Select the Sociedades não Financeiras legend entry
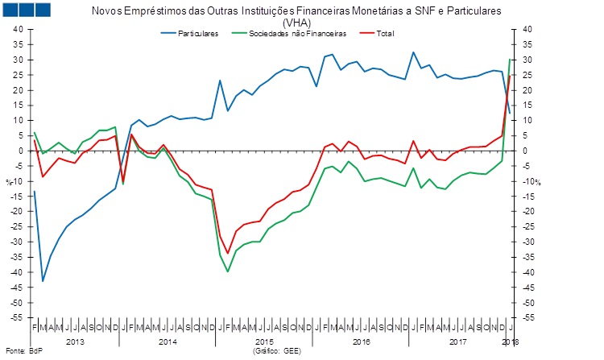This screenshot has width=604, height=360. point(297,33)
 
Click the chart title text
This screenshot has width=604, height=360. point(296,12)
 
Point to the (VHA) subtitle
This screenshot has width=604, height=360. point(296,23)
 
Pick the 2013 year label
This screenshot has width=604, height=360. point(76,342)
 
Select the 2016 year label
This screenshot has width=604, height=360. point(362,342)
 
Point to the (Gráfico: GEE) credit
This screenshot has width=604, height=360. point(276,352)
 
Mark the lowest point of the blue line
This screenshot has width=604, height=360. point(43,281)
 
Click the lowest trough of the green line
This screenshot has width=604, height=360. point(228,271)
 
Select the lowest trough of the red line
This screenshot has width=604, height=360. point(228,253)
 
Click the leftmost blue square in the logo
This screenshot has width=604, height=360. point(11,10)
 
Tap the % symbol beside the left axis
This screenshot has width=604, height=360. point(9,181)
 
